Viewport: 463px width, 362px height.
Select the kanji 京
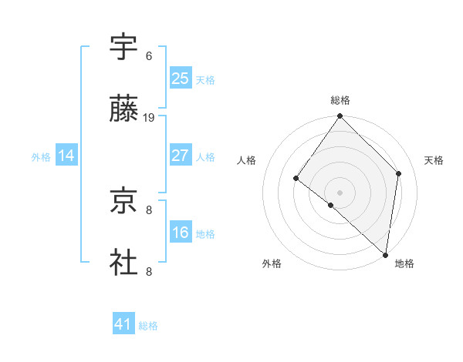pos(124,201)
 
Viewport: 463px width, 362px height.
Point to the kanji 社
pos(124,262)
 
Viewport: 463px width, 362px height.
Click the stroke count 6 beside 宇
pos(149,56)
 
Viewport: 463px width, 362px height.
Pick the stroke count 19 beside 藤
pos(149,118)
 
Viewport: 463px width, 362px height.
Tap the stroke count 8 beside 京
pos(149,209)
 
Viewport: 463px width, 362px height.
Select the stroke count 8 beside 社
pos(149,271)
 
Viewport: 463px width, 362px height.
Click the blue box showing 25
pos(181,78)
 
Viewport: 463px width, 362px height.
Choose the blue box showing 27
pos(181,155)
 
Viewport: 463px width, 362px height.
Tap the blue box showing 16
pos(181,233)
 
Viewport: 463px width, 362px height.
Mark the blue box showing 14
pos(66,156)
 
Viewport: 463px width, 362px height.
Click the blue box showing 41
pos(123,324)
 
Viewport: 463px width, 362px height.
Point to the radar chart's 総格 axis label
pos(340,100)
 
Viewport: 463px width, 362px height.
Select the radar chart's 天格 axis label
pos(434,160)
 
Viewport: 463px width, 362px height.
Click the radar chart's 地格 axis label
pos(404,263)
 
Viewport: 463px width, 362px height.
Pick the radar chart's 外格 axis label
pos(272,263)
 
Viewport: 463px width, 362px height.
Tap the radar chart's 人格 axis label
pos(247,160)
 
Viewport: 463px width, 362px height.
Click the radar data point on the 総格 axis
pos(340,117)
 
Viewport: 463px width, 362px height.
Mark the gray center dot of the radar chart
pos(340,192)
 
